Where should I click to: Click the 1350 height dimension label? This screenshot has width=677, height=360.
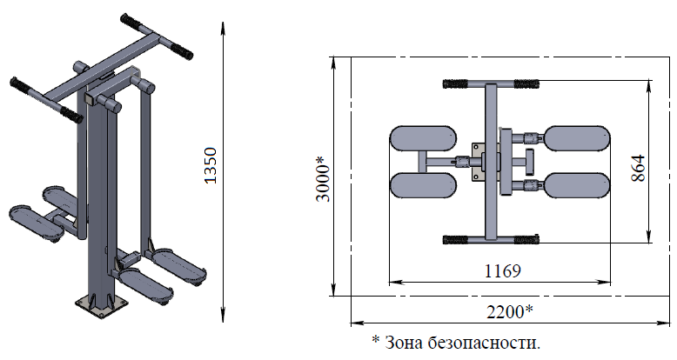(x=211, y=166)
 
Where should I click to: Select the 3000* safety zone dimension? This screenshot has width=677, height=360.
(x=323, y=179)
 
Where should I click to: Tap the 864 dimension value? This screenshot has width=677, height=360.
(x=639, y=168)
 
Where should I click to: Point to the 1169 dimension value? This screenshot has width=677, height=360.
(x=503, y=271)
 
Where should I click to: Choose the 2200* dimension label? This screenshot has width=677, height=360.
(x=510, y=310)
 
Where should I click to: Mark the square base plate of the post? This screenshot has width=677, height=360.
(x=102, y=306)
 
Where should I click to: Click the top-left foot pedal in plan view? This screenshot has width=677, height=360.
(x=423, y=138)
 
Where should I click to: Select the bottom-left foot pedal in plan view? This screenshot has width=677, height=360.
(x=423, y=185)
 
